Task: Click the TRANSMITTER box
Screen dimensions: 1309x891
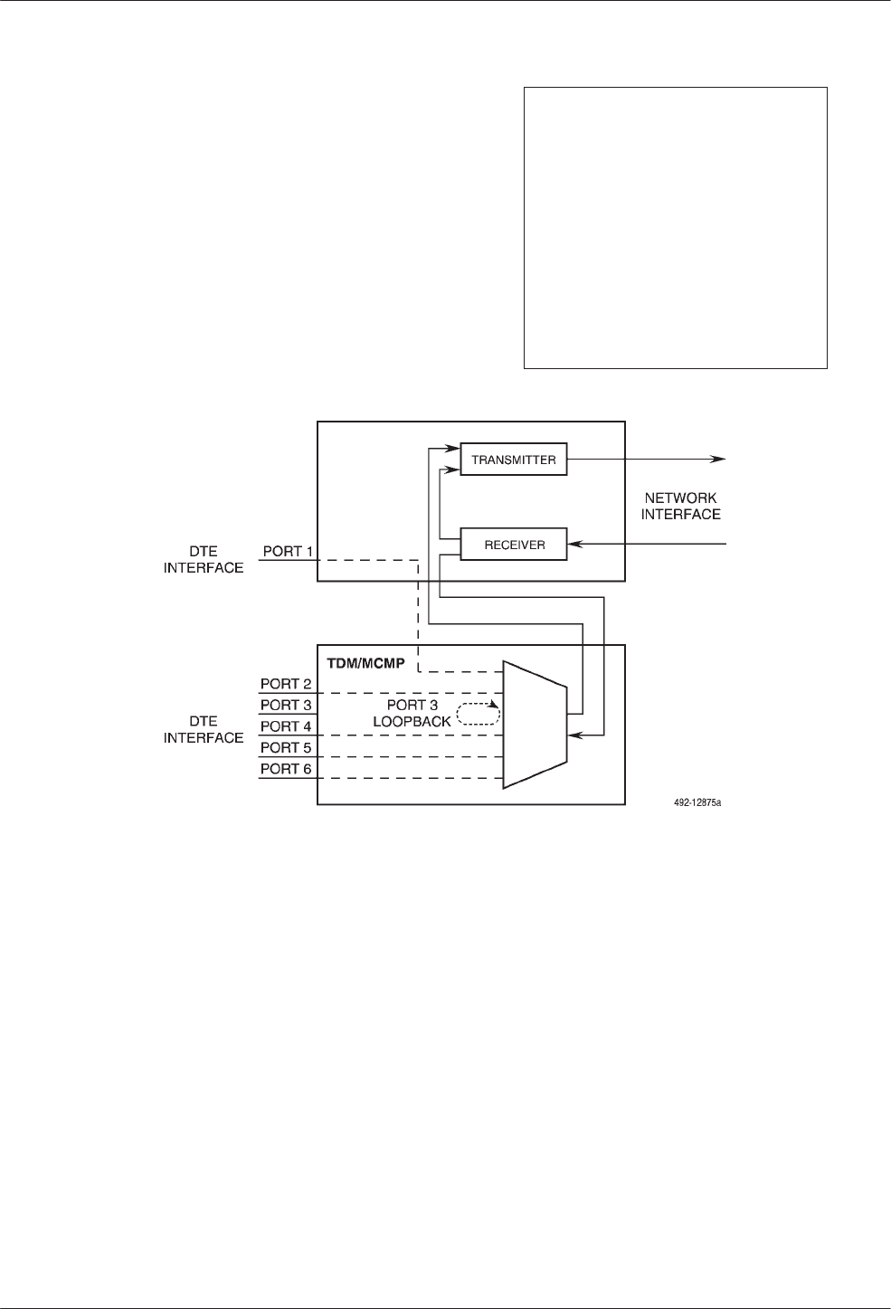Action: click(x=513, y=460)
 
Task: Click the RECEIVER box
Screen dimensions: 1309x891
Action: click(x=513, y=545)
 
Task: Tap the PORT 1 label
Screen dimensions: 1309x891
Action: click(x=288, y=551)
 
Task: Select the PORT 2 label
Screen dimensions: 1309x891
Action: click(x=286, y=684)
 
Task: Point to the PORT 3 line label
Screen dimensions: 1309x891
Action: click(x=286, y=705)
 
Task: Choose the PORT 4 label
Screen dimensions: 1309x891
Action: click(x=286, y=726)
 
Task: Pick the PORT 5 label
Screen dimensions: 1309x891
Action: click(x=286, y=747)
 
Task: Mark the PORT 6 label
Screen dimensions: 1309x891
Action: click(x=286, y=769)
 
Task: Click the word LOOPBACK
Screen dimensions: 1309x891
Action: click(x=412, y=721)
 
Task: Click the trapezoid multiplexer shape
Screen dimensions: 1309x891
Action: click(x=534, y=724)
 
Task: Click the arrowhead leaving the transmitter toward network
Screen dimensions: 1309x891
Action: click(x=719, y=460)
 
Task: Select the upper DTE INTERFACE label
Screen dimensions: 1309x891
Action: click(x=204, y=559)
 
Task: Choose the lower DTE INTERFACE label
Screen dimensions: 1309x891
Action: click(x=204, y=729)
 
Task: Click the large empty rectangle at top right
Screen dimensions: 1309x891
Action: click(x=676, y=227)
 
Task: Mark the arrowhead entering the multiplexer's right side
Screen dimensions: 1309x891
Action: click(x=573, y=737)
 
